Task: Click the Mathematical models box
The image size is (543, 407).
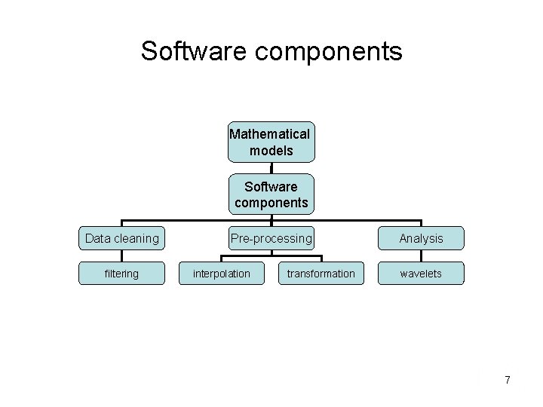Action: click(x=271, y=142)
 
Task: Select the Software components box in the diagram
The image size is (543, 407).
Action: click(x=271, y=194)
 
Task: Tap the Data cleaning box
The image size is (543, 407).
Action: click(x=122, y=238)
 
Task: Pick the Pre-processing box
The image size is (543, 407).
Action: click(x=271, y=238)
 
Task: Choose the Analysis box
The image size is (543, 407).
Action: click(x=421, y=238)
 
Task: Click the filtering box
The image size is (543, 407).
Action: click(x=122, y=274)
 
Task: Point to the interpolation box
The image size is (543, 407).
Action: click(x=222, y=274)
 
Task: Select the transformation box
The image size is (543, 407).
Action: click(x=321, y=274)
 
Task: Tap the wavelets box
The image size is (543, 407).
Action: click(x=421, y=274)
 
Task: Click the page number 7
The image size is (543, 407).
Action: click(x=508, y=380)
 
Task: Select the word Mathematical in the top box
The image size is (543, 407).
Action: click(x=270, y=134)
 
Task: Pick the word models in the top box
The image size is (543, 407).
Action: click(x=271, y=151)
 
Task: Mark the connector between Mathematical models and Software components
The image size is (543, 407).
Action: click(x=271, y=170)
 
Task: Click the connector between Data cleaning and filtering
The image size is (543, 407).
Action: click(x=122, y=256)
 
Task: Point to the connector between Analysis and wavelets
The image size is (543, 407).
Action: click(x=421, y=256)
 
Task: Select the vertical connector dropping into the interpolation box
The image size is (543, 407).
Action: click(x=222, y=259)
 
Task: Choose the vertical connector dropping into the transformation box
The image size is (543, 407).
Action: click(x=321, y=259)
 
